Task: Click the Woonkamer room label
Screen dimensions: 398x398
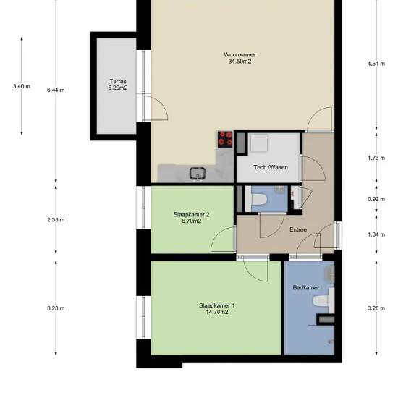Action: click(240, 54)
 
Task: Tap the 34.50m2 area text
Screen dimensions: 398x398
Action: click(240, 62)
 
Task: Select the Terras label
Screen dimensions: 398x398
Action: click(118, 82)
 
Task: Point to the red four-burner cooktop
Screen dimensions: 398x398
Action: click(225, 140)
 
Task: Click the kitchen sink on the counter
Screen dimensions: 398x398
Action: click(198, 173)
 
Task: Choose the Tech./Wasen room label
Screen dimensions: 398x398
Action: click(271, 167)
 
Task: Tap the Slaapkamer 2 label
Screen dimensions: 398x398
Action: click(191, 214)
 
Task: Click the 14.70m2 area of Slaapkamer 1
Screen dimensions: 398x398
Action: click(217, 312)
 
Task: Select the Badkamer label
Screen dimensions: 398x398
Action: click(306, 287)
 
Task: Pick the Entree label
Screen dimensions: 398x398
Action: click(298, 229)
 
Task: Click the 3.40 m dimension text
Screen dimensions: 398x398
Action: click(22, 86)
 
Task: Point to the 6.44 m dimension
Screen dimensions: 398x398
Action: click(56, 90)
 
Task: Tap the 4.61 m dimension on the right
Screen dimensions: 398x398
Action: click(376, 64)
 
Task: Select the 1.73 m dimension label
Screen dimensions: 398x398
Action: click(376, 158)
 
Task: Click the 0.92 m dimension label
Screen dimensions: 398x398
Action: click(376, 199)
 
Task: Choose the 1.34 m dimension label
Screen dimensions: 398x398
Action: click(376, 234)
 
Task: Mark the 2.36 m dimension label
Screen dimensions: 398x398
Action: click(56, 220)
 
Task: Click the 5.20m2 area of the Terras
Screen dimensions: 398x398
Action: click(118, 88)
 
